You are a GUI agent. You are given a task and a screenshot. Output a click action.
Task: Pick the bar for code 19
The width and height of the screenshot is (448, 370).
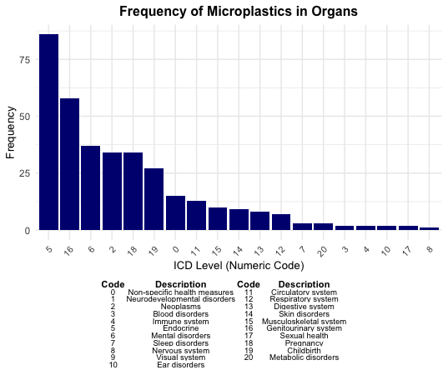tap(154, 199)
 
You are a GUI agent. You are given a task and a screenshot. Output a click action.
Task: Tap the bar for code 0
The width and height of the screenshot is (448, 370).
tap(175, 212)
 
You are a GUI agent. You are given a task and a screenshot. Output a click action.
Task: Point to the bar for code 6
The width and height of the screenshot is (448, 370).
tap(90, 187)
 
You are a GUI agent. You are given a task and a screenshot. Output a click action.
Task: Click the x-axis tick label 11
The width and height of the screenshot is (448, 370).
tap(196, 248)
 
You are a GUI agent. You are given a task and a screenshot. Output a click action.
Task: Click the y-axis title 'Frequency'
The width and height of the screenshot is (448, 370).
tap(11, 132)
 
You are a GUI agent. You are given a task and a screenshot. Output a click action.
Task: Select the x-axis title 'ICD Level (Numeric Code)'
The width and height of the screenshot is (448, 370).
tap(239, 266)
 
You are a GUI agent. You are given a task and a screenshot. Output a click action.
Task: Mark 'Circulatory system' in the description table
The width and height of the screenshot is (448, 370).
tap(303, 292)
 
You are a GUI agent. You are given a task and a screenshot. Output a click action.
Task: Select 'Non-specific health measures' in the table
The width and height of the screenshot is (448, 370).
tap(180, 292)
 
